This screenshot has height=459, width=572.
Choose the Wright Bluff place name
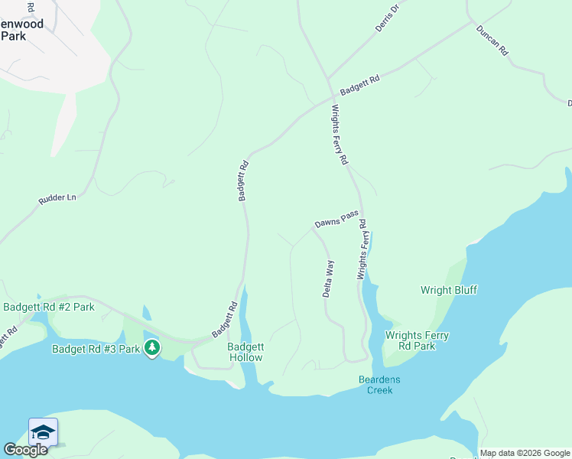pos(449,290)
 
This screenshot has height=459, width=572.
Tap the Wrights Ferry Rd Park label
pos(416,340)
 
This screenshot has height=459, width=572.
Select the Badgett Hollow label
pos(245,352)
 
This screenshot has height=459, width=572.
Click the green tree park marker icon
pos(153,349)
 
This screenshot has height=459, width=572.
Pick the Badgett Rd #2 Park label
pos(49,307)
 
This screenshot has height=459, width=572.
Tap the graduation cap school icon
pos(44,433)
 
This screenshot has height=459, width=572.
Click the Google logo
pos(25,450)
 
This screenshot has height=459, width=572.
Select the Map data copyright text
pos(525,453)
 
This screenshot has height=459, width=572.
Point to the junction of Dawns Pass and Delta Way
pos(315,228)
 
